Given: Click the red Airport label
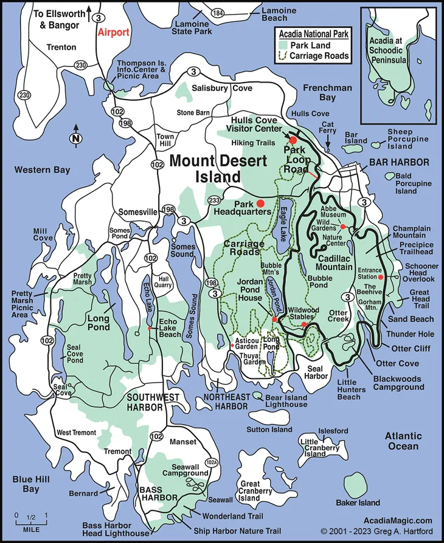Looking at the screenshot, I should [x=114, y=32].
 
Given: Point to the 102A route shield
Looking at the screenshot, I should [x=212, y=462].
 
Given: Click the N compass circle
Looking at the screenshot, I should [x=75, y=138].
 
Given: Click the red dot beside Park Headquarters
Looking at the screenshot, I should [x=260, y=203].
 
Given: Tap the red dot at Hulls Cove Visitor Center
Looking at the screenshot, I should [x=293, y=140].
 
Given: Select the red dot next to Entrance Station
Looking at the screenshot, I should [x=381, y=277].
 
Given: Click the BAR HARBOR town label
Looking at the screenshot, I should [x=398, y=162].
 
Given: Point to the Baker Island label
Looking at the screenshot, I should [x=358, y=502].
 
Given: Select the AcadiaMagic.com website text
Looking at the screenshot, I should [x=398, y=521].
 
